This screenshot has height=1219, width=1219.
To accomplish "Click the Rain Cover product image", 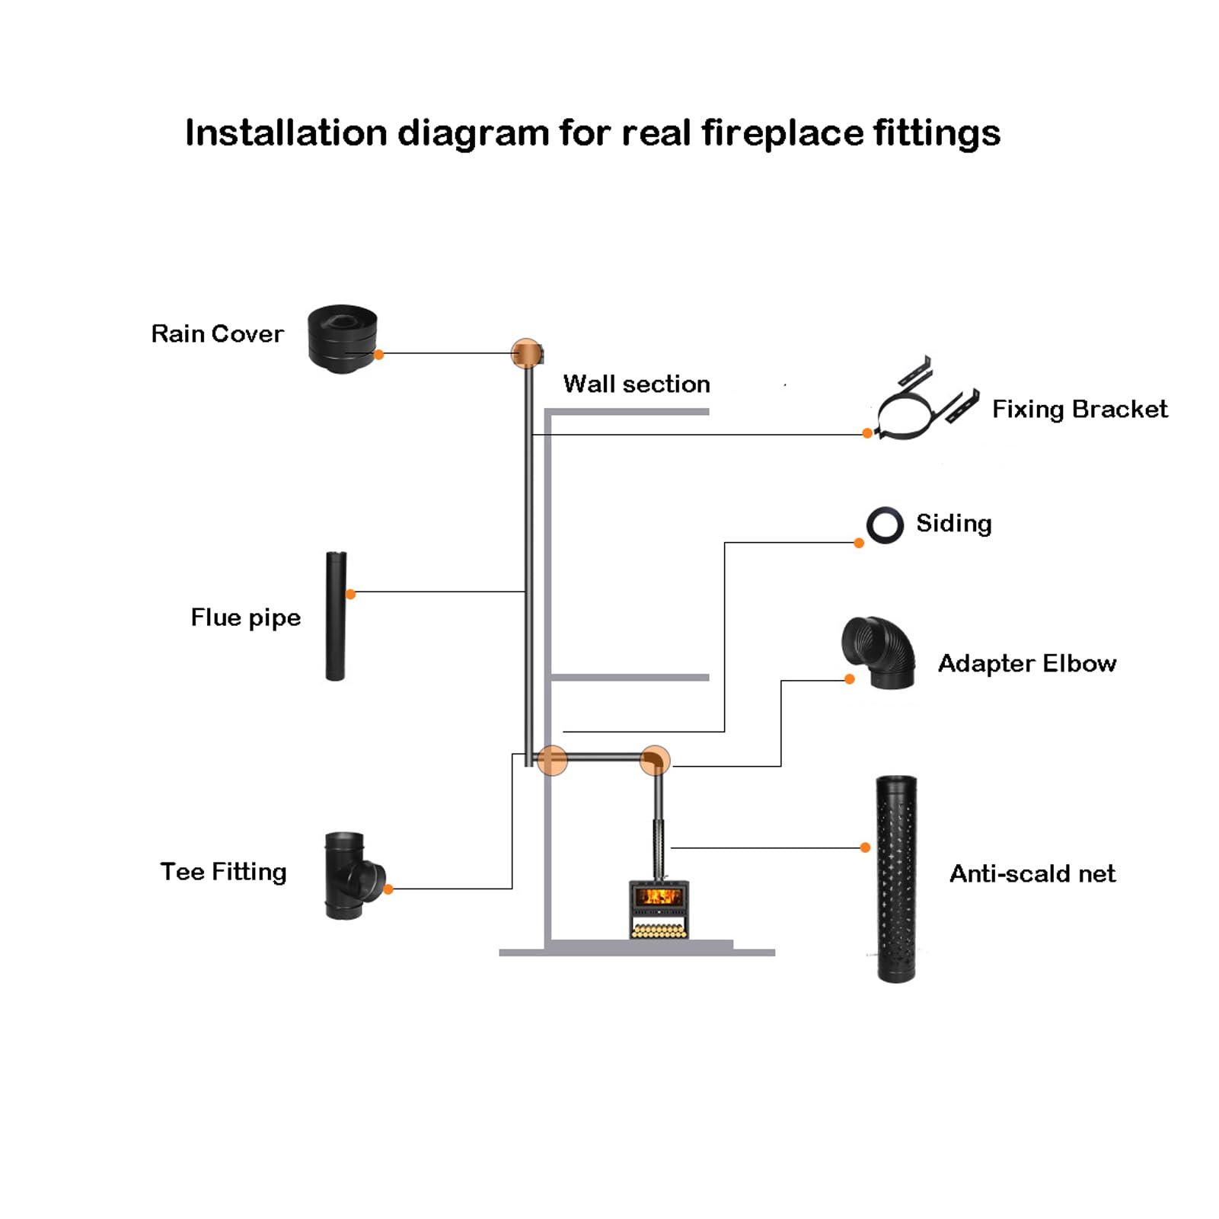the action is [343, 339].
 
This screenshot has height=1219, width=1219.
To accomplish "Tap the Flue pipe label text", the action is [246, 617].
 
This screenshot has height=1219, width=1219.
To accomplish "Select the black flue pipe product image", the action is [336, 616].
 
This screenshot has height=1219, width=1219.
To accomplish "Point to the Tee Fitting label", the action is [223, 872].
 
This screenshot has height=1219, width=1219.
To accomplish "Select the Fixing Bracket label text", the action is [1080, 410].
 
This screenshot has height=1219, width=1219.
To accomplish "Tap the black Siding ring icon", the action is [885, 525].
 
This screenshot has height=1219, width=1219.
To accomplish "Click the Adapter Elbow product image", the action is [879, 653].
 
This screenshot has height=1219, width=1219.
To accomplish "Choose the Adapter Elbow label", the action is [1027, 663].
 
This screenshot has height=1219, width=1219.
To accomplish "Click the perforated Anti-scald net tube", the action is [896, 879].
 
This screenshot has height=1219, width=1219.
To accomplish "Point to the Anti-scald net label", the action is [1032, 873].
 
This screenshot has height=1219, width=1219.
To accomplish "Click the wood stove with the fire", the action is [659, 909].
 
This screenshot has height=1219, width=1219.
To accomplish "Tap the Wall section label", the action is [637, 384].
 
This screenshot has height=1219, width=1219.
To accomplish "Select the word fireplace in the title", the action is [782, 133].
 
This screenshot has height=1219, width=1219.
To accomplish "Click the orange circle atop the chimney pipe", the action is [527, 354].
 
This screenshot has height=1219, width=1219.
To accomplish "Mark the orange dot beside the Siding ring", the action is [859, 543].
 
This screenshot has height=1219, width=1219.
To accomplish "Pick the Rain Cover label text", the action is [217, 333].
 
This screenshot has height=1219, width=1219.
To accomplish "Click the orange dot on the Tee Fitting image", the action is [388, 889].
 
